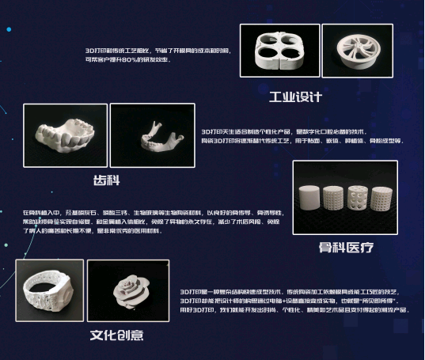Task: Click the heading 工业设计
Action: point(295,97)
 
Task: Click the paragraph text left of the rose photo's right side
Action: point(293,300)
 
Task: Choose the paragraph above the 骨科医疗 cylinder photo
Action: point(302,135)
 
